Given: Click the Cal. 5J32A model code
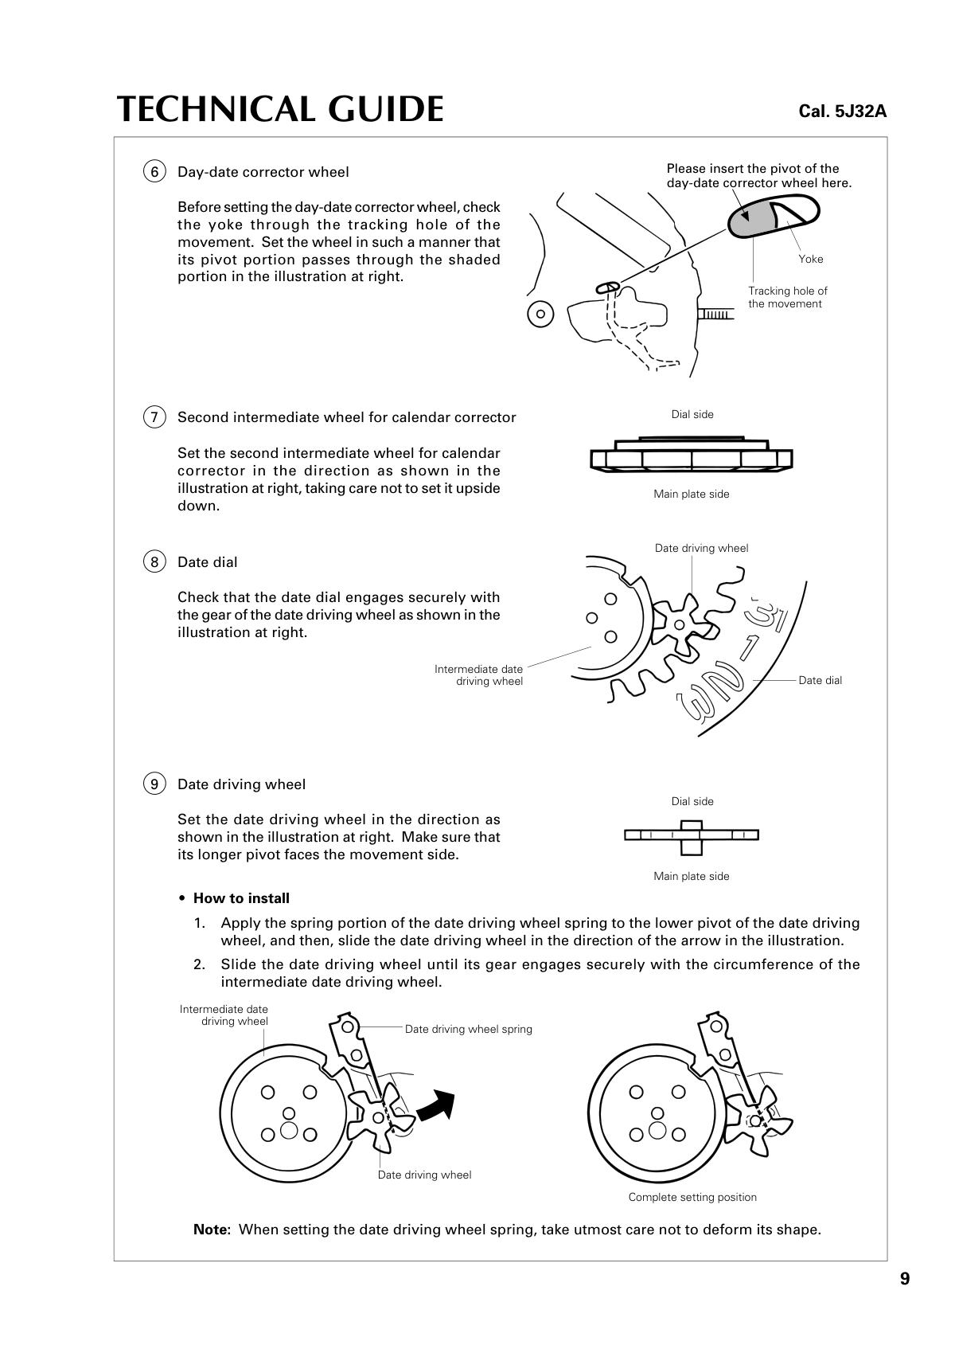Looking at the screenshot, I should click(842, 111).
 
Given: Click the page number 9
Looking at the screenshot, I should click(905, 1279).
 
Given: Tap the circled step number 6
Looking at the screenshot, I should click(154, 172).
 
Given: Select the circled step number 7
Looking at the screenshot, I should click(154, 417).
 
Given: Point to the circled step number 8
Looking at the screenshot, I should click(154, 562).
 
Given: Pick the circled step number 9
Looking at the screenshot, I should click(154, 784).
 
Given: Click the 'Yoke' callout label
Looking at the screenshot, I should click(810, 260).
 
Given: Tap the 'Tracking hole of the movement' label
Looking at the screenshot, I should click(787, 297).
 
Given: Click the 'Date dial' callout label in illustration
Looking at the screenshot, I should click(820, 681).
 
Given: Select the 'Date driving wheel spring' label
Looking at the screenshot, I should click(468, 1030).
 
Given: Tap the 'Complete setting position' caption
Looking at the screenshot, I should click(692, 1198).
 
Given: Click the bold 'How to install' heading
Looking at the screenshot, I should click(241, 898).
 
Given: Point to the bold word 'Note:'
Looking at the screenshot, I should click(212, 1230).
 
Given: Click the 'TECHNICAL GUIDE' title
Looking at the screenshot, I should click(280, 110).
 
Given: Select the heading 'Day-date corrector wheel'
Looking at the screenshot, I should click(263, 172).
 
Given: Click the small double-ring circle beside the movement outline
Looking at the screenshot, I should click(540, 314).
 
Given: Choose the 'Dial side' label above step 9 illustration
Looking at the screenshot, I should click(692, 802).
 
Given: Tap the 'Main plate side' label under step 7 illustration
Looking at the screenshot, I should click(691, 495).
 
